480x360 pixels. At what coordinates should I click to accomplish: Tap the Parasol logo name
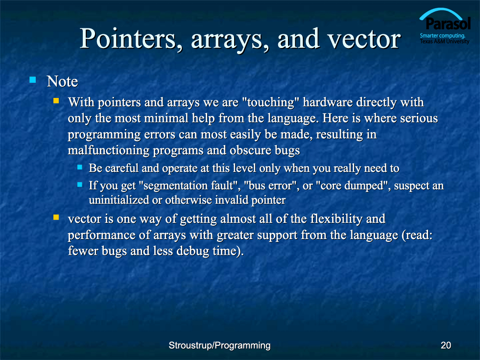point(448,24)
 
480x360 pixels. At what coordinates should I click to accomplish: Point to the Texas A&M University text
point(445,41)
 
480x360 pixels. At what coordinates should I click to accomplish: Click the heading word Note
point(62,81)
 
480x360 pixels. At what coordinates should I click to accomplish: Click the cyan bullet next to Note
point(33,80)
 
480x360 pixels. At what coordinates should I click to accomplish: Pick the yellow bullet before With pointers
point(56,101)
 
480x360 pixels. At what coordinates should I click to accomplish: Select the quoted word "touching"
point(270,102)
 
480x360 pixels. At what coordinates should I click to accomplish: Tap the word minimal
point(167,118)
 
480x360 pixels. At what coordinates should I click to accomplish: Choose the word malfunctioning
point(108,151)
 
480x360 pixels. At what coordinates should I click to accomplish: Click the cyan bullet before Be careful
point(80,167)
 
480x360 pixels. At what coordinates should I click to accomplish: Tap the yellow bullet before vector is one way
point(56,217)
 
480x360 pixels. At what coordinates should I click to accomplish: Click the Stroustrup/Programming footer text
point(219,345)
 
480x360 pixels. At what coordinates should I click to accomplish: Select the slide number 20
point(446,345)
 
